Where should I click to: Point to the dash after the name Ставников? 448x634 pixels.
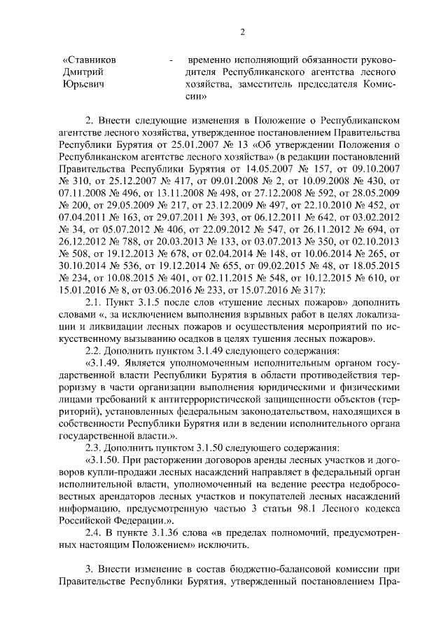pos(171,61)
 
